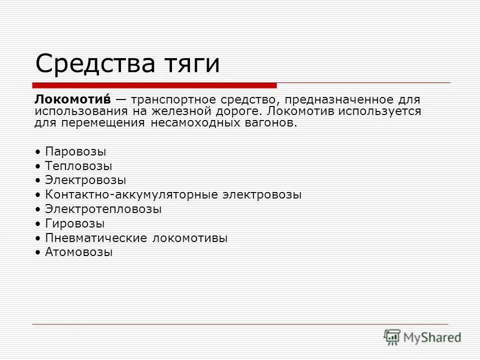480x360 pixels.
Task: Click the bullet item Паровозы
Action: point(75,151)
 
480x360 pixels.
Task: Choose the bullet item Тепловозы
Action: point(78,165)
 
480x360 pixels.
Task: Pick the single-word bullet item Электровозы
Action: point(85,180)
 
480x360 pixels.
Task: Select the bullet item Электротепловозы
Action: point(103,209)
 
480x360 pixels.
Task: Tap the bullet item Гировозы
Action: point(75,223)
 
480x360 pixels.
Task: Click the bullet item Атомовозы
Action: point(79,252)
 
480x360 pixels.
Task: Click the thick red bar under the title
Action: point(154,85)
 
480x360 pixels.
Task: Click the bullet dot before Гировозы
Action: point(38,224)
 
